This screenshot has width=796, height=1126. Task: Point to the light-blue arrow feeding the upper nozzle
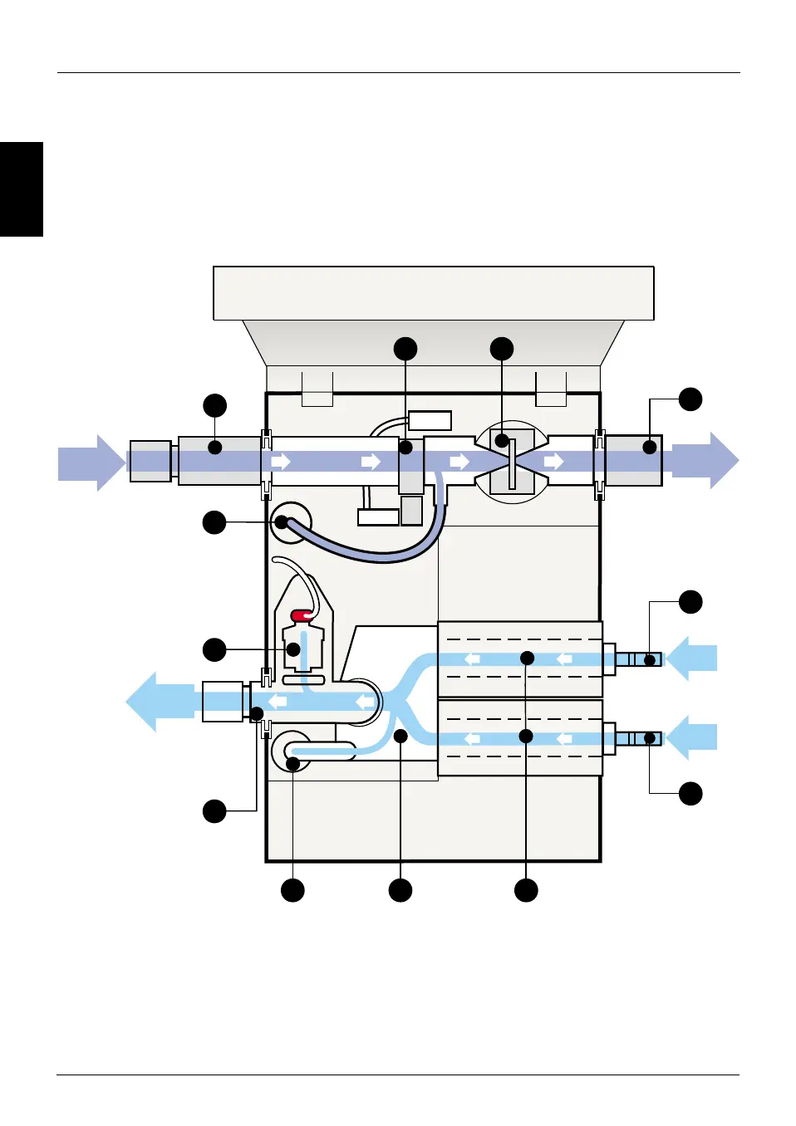click(692, 658)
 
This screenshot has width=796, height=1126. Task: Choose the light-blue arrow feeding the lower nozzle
click(692, 737)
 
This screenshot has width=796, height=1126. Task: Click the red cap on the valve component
click(302, 615)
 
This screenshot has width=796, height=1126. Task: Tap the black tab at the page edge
click(21, 189)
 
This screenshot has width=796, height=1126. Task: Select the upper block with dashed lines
click(520, 658)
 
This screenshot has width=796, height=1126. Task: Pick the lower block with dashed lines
click(520, 737)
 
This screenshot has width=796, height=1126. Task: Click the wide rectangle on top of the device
click(433, 293)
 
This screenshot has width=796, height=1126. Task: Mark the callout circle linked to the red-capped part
click(214, 649)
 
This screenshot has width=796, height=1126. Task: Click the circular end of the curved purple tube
click(283, 523)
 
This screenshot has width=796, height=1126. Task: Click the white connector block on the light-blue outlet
click(223, 702)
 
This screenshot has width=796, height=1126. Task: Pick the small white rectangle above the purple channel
click(430, 420)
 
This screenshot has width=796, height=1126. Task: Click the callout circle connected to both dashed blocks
click(526, 890)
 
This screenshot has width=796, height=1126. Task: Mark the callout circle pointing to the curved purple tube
click(214, 522)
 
